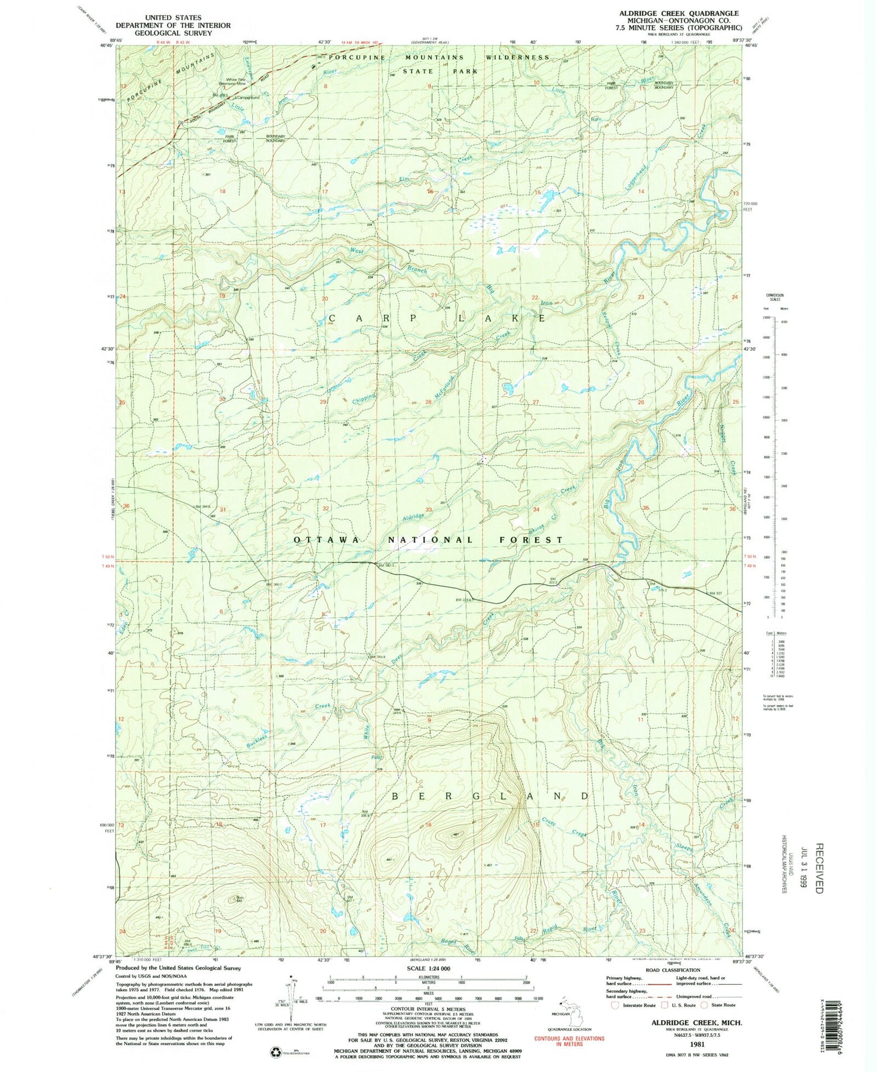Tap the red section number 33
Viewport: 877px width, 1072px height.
pyautogui.click(x=429, y=510)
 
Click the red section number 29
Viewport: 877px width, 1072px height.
pyautogui.click(x=323, y=402)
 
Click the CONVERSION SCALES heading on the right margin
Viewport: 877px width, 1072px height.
pyautogui.click(x=776, y=297)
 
